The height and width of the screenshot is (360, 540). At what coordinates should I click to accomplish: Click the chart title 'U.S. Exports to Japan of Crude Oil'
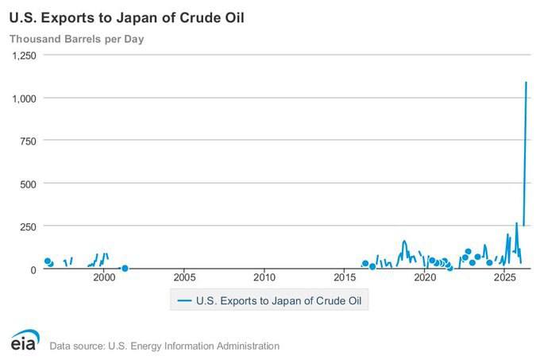pyautogui.click(x=127, y=18)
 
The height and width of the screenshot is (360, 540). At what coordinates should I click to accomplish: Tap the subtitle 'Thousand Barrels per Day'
pyautogui.click(x=76, y=39)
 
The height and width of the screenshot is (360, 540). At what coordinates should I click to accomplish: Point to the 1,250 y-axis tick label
pyautogui.click(x=24, y=56)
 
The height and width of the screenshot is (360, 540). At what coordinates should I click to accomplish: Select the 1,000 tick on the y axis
pyautogui.click(x=24, y=99)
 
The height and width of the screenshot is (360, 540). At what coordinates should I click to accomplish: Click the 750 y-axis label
pyautogui.click(x=28, y=141)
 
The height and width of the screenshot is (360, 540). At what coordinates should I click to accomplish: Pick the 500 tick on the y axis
pyautogui.click(x=28, y=184)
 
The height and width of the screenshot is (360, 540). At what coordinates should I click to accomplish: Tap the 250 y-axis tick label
pyautogui.click(x=28, y=227)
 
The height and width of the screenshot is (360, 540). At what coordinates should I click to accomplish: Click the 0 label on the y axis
pyautogui.click(x=33, y=269)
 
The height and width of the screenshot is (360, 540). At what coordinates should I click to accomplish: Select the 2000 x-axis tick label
pyautogui.click(x=104, y=277)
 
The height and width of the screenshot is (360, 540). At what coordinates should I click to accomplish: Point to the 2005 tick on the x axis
pyautogui.click(x=184, y=277)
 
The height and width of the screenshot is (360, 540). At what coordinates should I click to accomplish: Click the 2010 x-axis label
pyautogui.click(x=264, y=277)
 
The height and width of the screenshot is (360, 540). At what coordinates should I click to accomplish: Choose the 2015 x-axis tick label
pyautogui.click(x=345, y=277)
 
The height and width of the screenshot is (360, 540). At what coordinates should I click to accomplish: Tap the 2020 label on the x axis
pyautogui.click(x=425, y=277)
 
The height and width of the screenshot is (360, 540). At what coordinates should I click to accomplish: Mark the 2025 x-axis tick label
pyautogui.click(x=504, y=277)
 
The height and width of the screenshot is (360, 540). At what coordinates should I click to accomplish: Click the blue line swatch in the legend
pyautogui.click(x=184, y=300)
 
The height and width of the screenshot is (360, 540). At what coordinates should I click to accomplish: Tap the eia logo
pyautogui.click(x=25, y=340)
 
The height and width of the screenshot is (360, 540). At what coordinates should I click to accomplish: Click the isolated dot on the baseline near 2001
pyautogui.click(x=125, y=268)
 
